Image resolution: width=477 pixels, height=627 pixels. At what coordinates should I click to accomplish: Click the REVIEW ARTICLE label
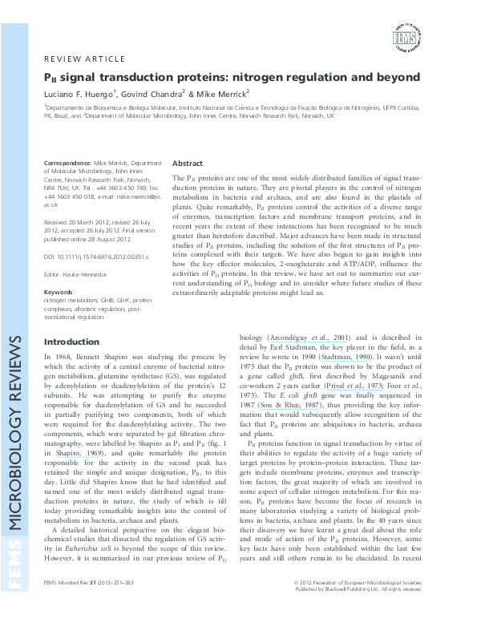point(84,59)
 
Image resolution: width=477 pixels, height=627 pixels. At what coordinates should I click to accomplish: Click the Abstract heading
point(188,162)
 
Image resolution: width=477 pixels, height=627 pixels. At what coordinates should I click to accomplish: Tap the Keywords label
point(59,292)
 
